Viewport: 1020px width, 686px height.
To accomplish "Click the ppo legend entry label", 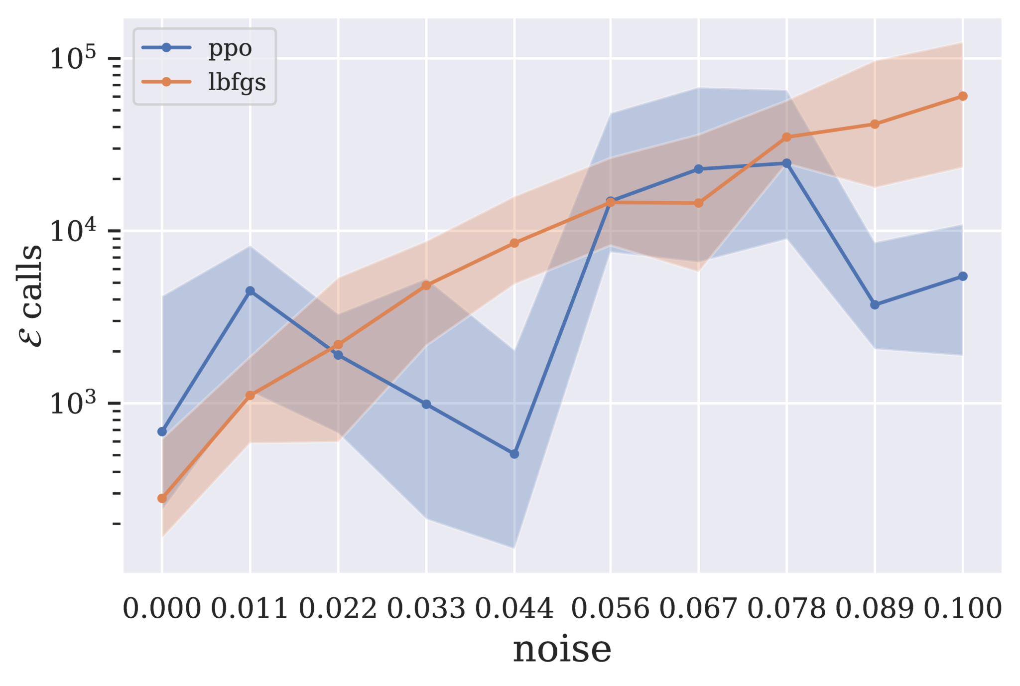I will click(x=230, y=49).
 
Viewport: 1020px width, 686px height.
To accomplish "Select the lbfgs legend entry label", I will click(x=237, y=82).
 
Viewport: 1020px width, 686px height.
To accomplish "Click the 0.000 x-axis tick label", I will click(x=162, y=609).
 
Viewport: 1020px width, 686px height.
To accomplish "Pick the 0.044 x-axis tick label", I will click(x=514, y=609).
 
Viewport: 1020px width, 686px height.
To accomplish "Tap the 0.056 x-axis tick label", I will click(x=611, y=609).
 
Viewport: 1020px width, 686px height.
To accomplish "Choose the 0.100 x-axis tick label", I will click(x=963, y=609).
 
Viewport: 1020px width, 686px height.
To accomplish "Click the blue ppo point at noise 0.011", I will click(x=250, y=291).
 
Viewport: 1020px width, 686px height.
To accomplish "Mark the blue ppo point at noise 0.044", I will click(x=514, y=454).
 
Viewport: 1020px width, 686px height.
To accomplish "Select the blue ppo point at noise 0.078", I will click(x=787, y=163).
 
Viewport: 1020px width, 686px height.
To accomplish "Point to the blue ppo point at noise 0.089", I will click(x=875, y=304).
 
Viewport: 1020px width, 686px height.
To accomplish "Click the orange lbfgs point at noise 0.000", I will click(x=162, y=498).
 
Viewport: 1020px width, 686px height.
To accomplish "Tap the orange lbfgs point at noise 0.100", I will click(x=963, y=96).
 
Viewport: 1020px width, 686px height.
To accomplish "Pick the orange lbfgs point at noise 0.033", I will click(x=426, y=285).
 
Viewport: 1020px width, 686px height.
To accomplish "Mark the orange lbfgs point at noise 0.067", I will click(x=699, y=203).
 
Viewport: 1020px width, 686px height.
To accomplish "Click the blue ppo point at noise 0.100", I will click(x=963, y=276).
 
